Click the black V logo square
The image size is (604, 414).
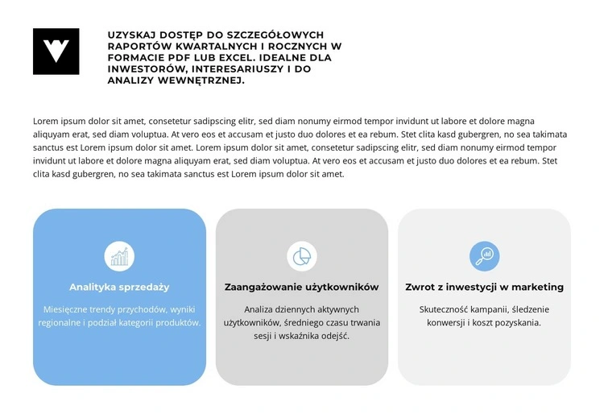point(56,52)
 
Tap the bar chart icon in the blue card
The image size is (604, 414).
point(119,256)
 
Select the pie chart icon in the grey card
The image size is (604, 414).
point(302,256)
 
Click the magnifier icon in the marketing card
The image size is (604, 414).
point(484,256)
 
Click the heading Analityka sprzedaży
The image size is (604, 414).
point(119,287)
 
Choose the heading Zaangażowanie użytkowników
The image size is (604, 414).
point(302,287)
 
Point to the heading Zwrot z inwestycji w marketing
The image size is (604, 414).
point(484,287)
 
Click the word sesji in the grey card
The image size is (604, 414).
point(264,335)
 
